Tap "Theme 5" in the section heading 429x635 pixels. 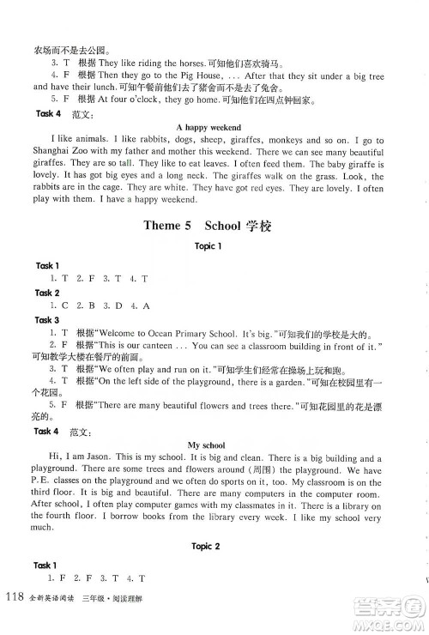pos(172,227)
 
